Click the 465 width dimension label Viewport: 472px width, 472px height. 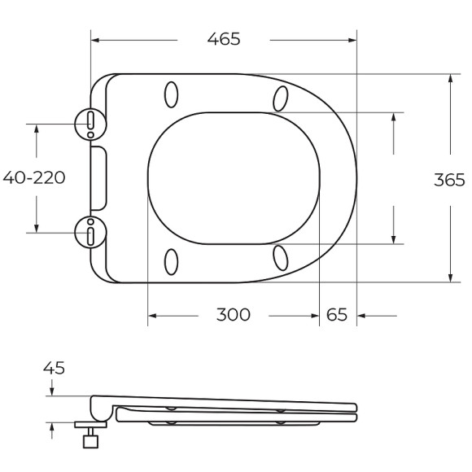pyautogui.click(x=223, y=39)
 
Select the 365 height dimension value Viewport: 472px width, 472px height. pyautogui.click(x=448, y=180)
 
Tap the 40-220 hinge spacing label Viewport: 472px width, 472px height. pyautogui.click(x=34, y=177)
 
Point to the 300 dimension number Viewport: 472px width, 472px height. pyautogui.click(x=233, y=315)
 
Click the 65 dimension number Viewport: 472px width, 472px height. pyautogui.click(x=337, y=315)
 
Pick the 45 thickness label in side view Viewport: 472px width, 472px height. pyautogui.click(x=54, y=368)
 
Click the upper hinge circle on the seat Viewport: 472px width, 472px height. pyautogui.click(x=90, y=123)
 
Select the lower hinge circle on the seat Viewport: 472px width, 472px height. pyautogui.click(x=90, y=232)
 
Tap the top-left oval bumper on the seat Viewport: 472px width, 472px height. pyautogui.click(x=172, y=94)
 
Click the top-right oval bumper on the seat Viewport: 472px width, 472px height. pyautogui.click(x=281, y=98)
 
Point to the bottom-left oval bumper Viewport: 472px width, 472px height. pyautogui.click(x=172, y=261)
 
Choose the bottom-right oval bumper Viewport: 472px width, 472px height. pyautogui.click(x=281, y=257)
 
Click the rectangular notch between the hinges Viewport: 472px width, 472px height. pyautogui.click(x=98, y=177)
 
